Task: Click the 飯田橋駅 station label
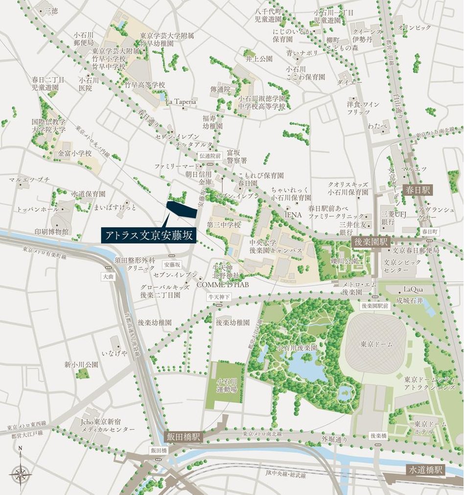coord(182,436)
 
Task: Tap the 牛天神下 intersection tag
coord(219,296)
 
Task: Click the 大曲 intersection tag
coord(107,276)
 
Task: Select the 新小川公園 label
coord(81,365)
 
